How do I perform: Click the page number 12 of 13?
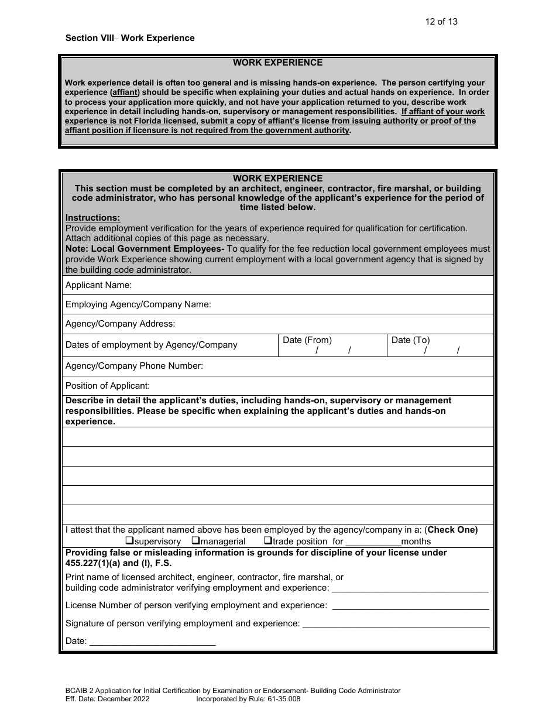(441, 22)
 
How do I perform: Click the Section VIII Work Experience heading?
(130, 38)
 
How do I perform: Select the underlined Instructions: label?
(92, 218)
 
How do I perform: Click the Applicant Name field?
(310, 286)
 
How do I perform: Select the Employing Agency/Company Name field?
(351, 304)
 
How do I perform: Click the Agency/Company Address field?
(334, 324)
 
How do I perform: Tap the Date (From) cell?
(332, 345)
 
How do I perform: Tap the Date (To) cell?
(440, 345)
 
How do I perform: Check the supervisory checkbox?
(130, 541)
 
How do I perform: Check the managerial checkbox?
(196, 541)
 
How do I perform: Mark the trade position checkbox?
(267, 541)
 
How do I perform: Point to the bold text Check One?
(452, 530)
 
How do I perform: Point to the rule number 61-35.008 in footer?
(280, 698)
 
